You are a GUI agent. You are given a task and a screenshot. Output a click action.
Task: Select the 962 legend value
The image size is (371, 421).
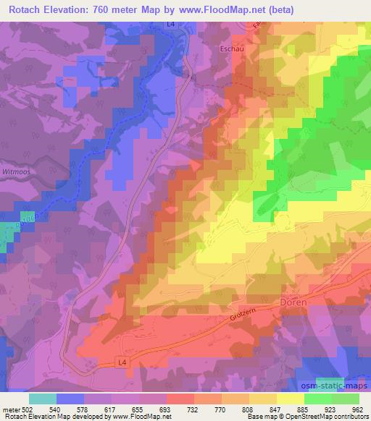click(x=357, y=409)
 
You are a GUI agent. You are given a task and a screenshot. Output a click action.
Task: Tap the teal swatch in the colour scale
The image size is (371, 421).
click(x=42, y=399)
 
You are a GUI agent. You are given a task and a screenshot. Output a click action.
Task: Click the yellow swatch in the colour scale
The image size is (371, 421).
click(x=290, y=399)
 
